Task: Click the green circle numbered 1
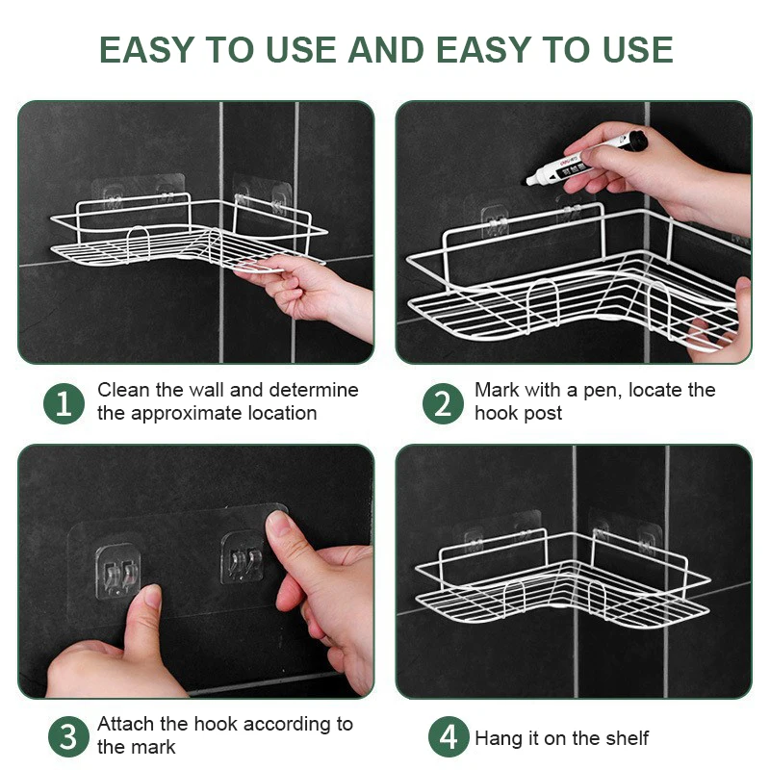click(64, 403)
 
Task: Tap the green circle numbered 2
click(443, 403)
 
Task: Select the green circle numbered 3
click(68, 736)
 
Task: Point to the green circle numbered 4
click(449, 736)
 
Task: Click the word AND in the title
click(386, 50)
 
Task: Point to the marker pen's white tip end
click(529, 181)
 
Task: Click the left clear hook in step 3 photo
click(117, 571)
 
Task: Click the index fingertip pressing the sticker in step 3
click(276, 524)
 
